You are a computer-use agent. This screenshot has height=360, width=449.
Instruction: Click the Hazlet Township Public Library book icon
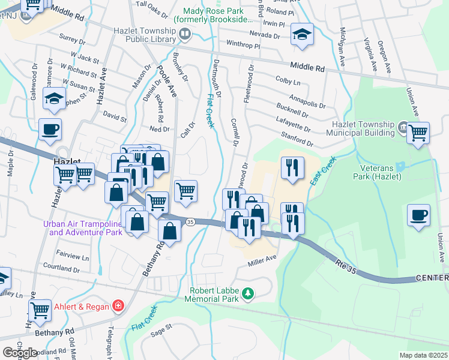pyautogui.click(x=184, y=35)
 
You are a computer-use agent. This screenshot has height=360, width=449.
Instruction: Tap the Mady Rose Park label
pyautogui.click(x=213, y=15)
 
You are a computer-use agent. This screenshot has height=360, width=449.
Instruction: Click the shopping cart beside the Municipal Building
pyautogui.click(x=418, y=133)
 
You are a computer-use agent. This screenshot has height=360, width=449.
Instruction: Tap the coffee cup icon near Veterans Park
pyautogui.click(x=418, y=215)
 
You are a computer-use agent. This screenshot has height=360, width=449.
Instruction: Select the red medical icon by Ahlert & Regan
pyautogui.click(x=119, y=307)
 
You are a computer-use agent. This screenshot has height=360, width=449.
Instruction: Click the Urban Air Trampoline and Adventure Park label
pyautogui.click(x=84, y=228)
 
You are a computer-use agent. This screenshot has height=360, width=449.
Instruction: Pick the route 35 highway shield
pyautogui.click(x=190, y=221)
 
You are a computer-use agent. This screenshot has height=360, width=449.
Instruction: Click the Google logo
pyautogui.click(x=20, y=352)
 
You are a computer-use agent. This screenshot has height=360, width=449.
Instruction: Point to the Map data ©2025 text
pyautogui.click(x=423, y=355)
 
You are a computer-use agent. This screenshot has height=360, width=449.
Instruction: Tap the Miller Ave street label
pyautogui.click(x=262, y=259)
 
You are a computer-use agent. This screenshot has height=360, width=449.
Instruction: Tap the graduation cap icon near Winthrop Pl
pyautogui.click(x=302, y=34)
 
